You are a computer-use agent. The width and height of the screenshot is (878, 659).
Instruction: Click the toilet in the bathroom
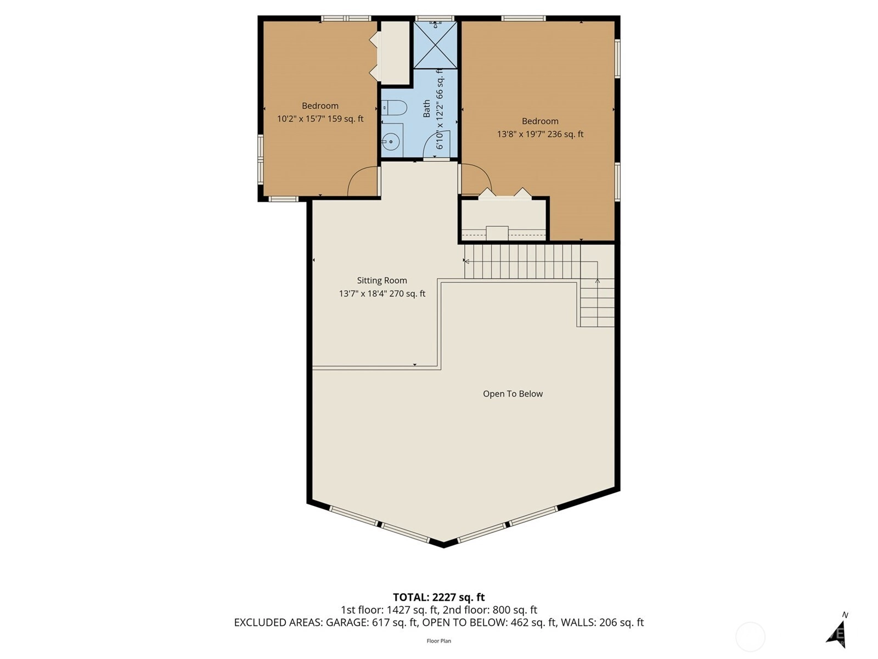[x=393, y=108]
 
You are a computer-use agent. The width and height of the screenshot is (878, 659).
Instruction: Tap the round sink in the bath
[x=390, y=141]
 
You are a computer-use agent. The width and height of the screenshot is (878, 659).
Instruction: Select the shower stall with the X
[x=435, y=45]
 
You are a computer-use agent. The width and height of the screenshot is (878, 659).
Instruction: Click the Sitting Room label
[x=381, y=281]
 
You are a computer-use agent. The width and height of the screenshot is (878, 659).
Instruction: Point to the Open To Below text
[x=513, y=394]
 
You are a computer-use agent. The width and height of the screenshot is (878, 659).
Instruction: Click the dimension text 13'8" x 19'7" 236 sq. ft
[x=540, y=135]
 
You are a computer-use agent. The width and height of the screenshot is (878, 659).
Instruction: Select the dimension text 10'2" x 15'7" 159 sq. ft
[x=320, y=119]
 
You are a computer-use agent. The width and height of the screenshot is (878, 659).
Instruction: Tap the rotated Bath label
[x=427, y=109]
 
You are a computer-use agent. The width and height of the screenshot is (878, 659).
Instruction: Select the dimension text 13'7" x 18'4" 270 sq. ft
[x=382, y=294]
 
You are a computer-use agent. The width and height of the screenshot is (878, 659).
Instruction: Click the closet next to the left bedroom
[x=395, y=53]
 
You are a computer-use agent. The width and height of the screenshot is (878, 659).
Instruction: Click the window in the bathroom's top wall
[x=435, y=18]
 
